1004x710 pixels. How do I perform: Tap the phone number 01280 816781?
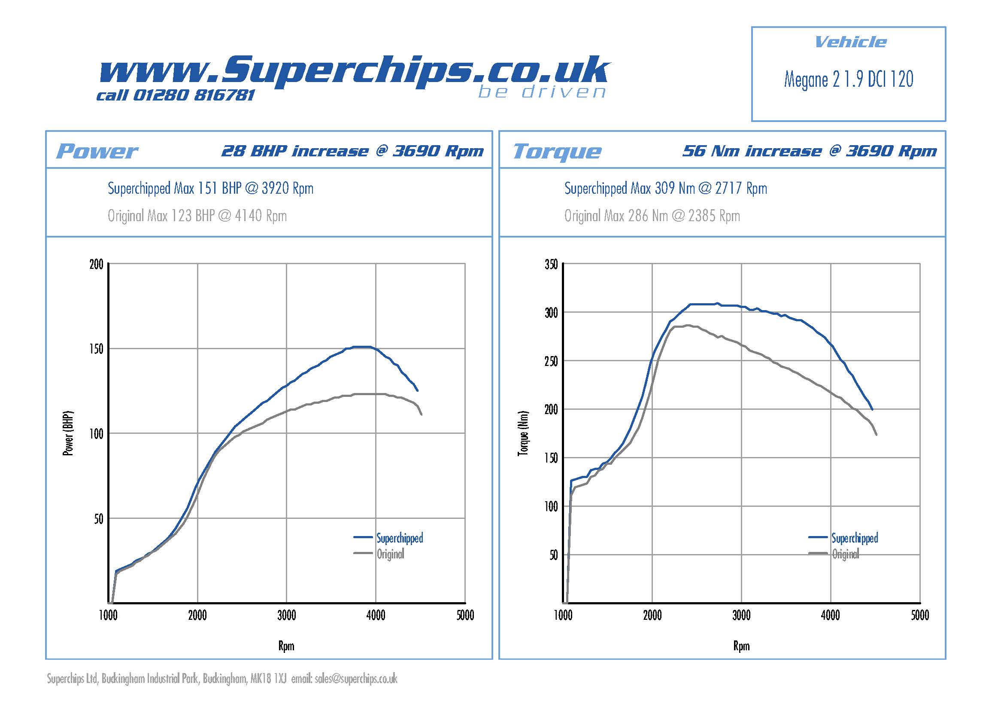coord(193,95)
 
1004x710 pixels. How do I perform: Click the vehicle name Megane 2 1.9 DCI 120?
coord(848,79)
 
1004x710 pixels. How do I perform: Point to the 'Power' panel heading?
coord(97,151)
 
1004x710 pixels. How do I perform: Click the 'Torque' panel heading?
coord(557,151)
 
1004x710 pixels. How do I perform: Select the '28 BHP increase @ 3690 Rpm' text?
coord(352,151)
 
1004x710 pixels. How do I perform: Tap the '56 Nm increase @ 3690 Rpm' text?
coord(810,151)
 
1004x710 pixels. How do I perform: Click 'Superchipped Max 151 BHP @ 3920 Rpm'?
coord(210,189)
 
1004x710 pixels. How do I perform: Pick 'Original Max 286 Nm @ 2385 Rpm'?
coord(652,216)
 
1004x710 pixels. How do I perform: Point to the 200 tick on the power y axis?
coord(96,264)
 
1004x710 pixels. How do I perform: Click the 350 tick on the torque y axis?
coord(551,264)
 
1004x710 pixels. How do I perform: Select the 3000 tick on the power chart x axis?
coord(286,616)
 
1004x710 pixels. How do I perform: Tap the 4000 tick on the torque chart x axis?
coord(831,616)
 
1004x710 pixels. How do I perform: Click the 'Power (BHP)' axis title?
coord(68,433)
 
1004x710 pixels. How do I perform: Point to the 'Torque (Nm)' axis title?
coord(523,433)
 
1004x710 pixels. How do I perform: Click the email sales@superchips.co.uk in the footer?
coord(355,679)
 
